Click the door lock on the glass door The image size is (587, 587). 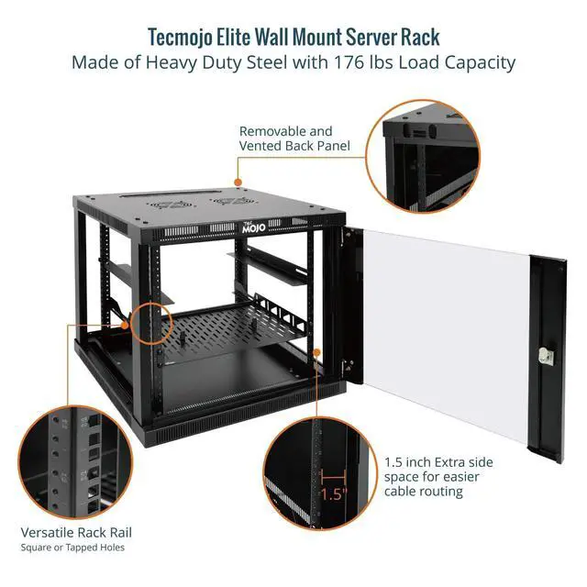tap(548, 356)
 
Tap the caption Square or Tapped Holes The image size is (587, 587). tap(72, 548)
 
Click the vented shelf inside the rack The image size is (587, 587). tap(238, 330)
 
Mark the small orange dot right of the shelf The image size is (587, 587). tap(316, 351)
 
